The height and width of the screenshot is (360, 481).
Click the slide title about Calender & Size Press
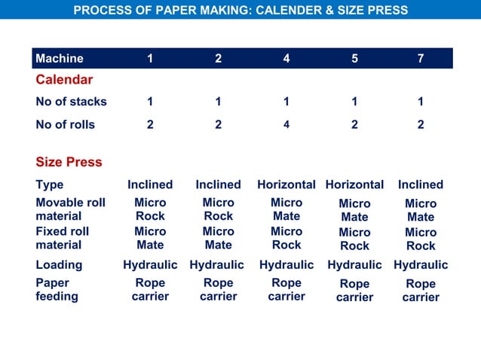[x=240, y=11]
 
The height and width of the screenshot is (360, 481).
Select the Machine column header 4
[x=286, y=59]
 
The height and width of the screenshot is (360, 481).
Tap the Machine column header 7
[x=421, y=59]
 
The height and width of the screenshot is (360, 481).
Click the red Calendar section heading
[x=64, y=80]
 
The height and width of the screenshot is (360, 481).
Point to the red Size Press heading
[x=69, y=162]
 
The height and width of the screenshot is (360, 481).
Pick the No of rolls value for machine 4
[x=286, y=125]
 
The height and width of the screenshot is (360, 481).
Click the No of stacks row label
[x=71, y=102]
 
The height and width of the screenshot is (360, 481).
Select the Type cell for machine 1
[x=150, y=185]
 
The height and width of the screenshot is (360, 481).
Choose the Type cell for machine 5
[x=354, y=185]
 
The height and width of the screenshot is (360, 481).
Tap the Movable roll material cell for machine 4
[x=286, y=209]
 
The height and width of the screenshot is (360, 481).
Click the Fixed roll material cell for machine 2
[x=218, y=238]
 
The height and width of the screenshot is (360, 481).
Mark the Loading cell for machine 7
[x=421, y=265]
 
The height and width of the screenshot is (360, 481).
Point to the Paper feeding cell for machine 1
[x=150, y=290]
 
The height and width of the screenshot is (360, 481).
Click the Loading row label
[x=59, y=265]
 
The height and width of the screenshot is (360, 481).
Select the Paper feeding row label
[x=57, y=290]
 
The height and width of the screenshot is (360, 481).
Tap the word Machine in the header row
[x=60, y=59]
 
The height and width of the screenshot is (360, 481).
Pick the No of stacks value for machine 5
[x=354, y=102]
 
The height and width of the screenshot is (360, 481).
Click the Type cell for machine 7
[x=421, y=185]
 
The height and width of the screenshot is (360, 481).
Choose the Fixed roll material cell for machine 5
[x=354, y=239]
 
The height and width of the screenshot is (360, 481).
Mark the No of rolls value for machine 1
[x=150, y=125]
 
